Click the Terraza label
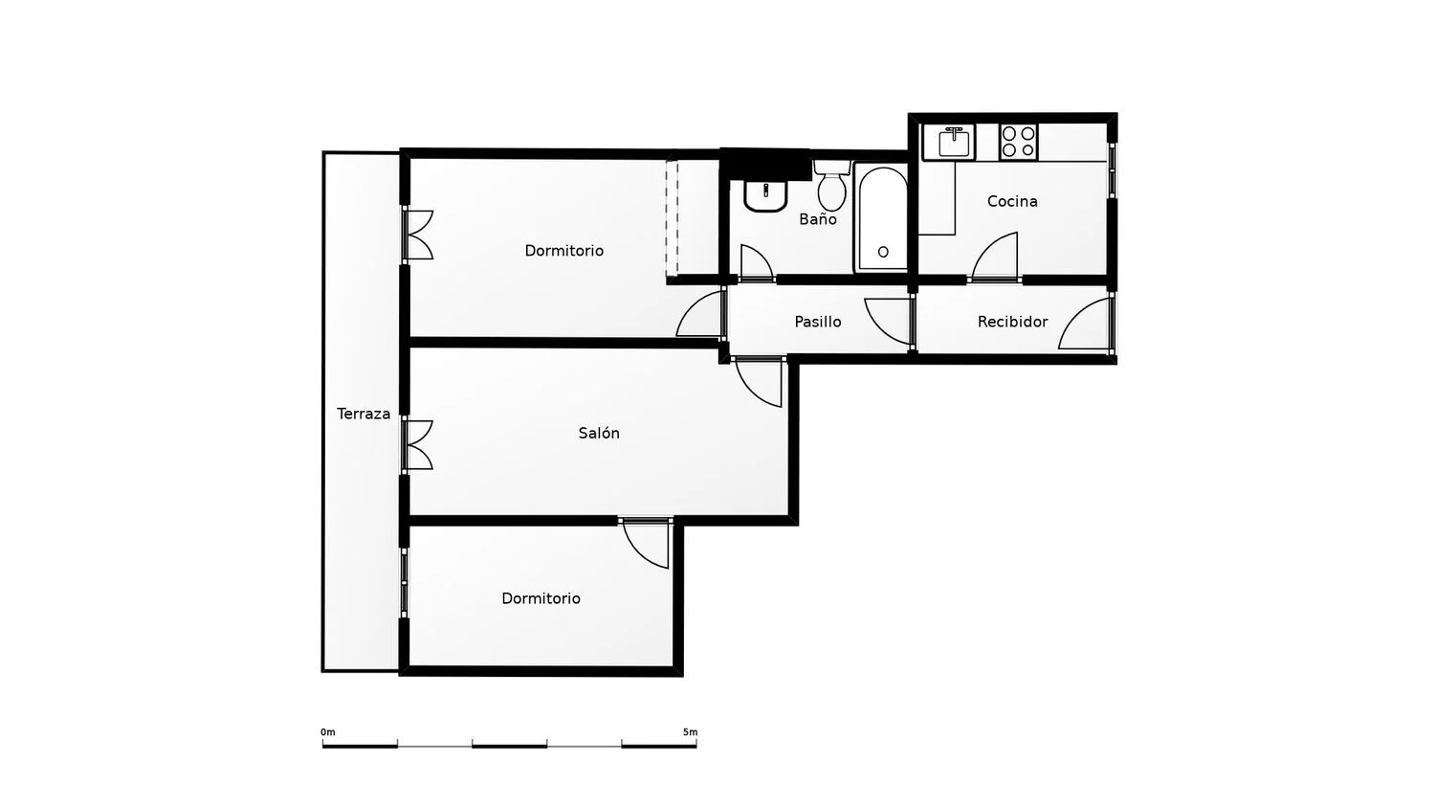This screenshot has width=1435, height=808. point(364,414)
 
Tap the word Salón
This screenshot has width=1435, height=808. point(599,433)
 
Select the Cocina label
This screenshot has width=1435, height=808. point(1012,201)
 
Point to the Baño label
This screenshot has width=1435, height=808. point(817,218)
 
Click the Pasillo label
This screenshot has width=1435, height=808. point(817,322)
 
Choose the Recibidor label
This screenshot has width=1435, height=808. point(1012,322)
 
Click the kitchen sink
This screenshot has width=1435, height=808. point(949,142)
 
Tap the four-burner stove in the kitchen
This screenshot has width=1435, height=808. point(1019,142)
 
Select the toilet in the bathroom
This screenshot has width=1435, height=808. point(831,184)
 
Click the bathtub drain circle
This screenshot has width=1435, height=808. point(883,252)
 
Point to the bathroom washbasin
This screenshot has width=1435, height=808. point(765,195)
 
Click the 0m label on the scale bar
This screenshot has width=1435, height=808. point(327,732)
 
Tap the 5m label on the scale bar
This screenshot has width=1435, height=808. point(690,732)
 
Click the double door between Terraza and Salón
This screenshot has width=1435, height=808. point(418,445)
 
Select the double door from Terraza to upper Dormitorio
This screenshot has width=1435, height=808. point(418,235)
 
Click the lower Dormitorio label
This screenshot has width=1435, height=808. point(541,598)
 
